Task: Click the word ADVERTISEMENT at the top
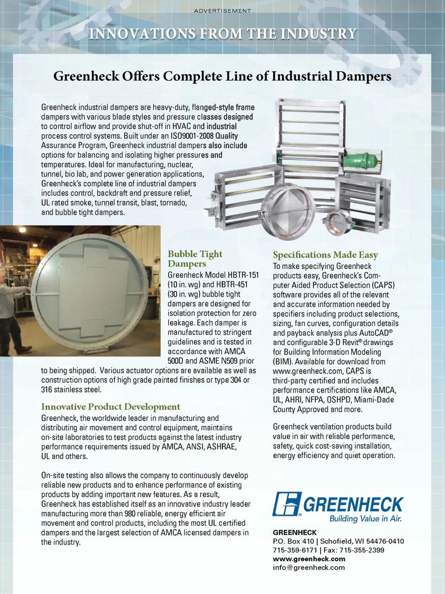click(x=222, y=11)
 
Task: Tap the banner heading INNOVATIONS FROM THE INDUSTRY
click(x=222, y=34)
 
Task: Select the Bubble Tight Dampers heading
click(x=195, y=259)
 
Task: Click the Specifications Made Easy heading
click(x=325, y=255)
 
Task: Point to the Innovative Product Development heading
click(x=110, y=407)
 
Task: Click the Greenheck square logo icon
click(x=286, y=504)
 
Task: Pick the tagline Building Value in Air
click(x=365, y=519)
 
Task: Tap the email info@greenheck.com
click(x=309, y=568)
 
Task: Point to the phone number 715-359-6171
click(x=295, y=550)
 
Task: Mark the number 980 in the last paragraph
click(x=130, y=513)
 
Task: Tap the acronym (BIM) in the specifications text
click(x=282, y=361)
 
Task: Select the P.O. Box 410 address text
click(x=293, y=541)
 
